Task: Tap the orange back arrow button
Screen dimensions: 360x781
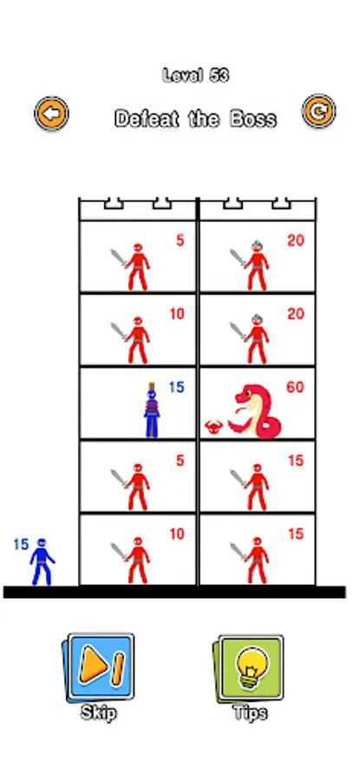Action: point(51,114)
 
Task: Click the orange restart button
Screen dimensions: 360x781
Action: point(318,112)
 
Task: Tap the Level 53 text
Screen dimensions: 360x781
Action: point(196,75)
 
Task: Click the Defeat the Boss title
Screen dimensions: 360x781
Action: point(196,119)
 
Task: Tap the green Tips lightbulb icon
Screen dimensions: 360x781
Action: point(251,668)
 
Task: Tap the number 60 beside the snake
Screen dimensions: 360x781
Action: point(295,387)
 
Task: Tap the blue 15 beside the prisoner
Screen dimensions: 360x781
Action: point(176,387)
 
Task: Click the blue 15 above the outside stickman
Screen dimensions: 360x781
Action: point(21,544)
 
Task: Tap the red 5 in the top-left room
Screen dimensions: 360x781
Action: point(180,240)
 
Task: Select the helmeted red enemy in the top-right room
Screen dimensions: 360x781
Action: point(257,265)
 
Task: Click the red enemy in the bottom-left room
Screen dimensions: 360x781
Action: point(137,560)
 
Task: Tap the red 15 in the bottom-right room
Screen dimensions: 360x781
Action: point(296,534)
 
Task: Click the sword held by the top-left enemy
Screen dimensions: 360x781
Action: point(120,259)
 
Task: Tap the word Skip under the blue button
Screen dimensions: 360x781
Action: point(99,712)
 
